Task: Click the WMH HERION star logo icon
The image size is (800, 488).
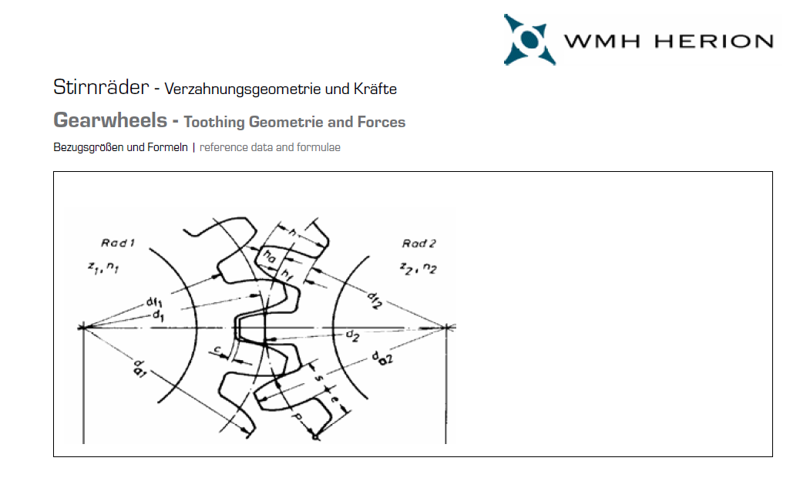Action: (x=529, y=39)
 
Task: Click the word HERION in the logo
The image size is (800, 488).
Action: (x=714, y=42)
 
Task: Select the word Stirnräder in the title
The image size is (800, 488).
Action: (x=101, y=87)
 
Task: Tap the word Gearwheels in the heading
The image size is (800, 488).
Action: (x=110, y=120)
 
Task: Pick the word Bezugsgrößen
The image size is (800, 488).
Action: (x=89, y=147)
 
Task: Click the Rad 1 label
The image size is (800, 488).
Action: (x=118, y=243)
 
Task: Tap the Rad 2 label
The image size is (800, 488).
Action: (x=418, y=244)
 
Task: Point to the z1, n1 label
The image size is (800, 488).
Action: (x=103, y=267)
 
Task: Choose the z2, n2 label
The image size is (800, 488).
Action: (x=418, y=268)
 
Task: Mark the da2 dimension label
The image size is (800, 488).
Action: (x=382, y=358)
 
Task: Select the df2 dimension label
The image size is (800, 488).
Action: (x=375, y=301)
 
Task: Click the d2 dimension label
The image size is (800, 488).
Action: (x=352, y=335)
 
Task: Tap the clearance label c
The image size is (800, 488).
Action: (x=217, y=350)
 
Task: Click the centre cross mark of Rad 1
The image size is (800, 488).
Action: (x=83, y=327)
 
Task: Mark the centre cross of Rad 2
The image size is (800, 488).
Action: (x=446, y=327)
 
